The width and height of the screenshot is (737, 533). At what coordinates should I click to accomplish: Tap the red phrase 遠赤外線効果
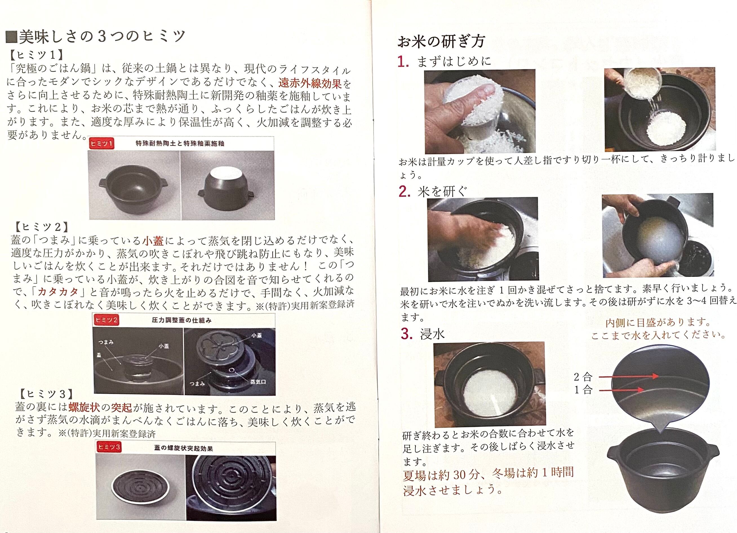[x=310, y=84]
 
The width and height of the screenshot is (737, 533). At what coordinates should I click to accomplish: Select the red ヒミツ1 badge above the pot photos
[x=102, y=143]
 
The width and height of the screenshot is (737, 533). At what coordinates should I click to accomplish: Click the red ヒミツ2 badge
[x=106, y=320]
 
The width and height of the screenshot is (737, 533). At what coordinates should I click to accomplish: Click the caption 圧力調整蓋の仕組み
[x=181, y=320]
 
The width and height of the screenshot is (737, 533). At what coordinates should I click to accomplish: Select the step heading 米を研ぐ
[x=442, y=192]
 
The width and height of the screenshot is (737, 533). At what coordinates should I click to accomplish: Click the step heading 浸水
[x=432, y=334]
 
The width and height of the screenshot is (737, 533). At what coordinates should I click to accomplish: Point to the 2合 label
[x=583, y=377]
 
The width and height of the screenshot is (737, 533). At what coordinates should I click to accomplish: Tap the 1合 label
[x=583, y=389]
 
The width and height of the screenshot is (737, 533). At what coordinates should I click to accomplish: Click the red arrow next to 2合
[x=629, y=376]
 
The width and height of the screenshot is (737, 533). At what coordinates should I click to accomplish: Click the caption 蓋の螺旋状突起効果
[x=183, y=448]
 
